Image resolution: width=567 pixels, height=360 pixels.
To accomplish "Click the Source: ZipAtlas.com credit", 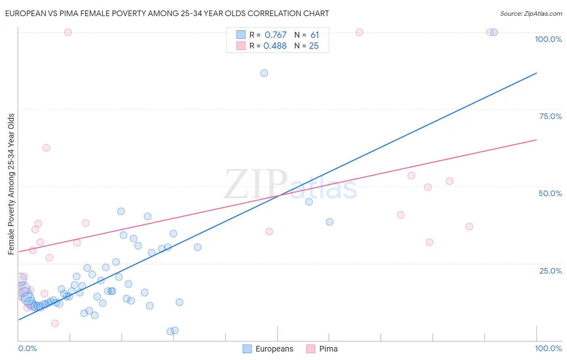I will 531,13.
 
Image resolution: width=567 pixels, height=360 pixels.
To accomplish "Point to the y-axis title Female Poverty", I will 11,184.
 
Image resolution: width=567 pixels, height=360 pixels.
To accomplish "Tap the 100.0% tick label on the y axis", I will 548,39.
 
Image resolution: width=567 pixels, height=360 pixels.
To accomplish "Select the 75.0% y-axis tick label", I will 550,116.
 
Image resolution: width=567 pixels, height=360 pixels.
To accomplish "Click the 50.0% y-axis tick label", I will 550,193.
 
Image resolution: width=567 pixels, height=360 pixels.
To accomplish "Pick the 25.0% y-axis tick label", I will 550,270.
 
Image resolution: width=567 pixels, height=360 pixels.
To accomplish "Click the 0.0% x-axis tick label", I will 27,348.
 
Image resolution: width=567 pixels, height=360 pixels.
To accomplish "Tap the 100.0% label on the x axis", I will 548,348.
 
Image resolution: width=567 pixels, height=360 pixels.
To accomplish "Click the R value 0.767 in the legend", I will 275,35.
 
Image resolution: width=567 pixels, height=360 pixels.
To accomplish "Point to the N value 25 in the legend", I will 314,46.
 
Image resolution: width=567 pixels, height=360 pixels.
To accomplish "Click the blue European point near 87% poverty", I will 264,73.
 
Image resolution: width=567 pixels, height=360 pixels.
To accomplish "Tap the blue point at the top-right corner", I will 494,32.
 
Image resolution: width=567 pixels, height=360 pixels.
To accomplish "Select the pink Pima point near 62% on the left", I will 46,148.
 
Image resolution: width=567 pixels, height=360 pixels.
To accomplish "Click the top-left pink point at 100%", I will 68,32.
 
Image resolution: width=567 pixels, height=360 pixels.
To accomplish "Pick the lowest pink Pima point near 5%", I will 55,323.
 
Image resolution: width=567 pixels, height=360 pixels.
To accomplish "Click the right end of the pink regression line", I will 536,140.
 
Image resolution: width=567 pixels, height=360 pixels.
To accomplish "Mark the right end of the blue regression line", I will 536,73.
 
